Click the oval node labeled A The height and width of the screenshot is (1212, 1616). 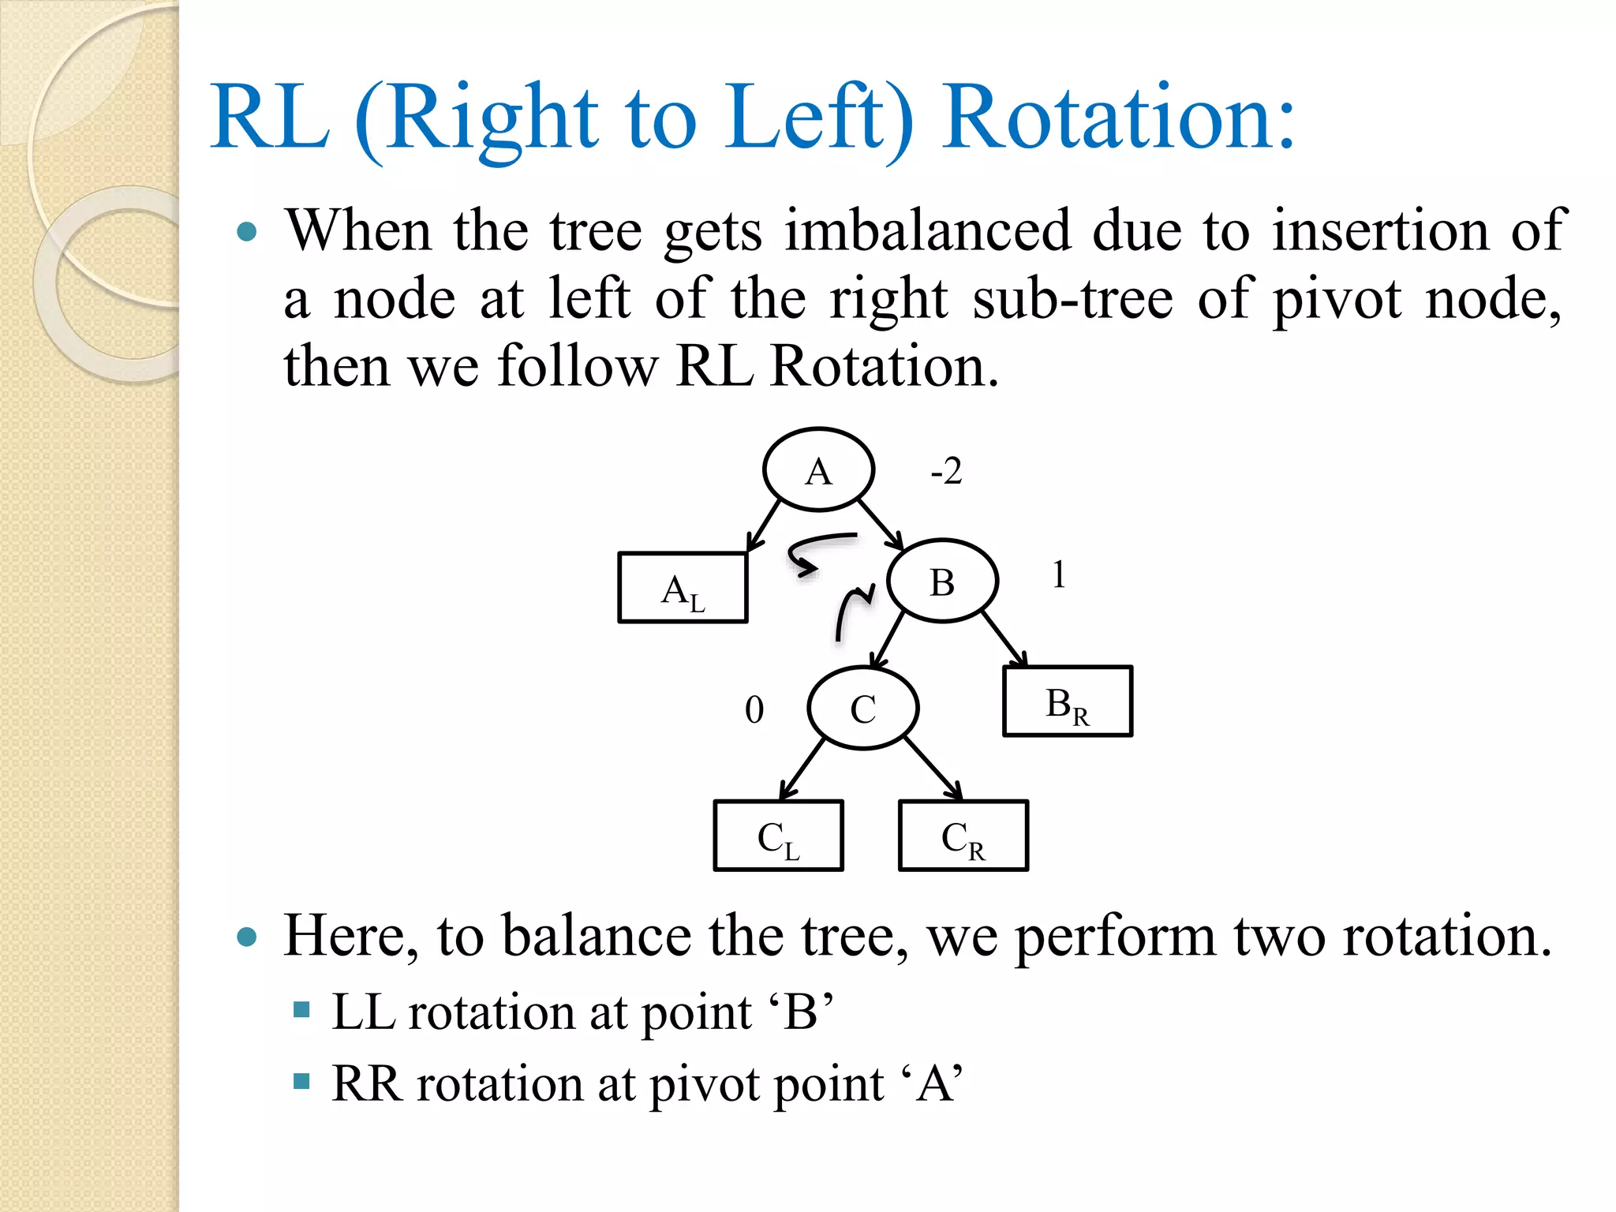click(x=818, y=469)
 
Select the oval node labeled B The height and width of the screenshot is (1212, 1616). click(x=942, y=581)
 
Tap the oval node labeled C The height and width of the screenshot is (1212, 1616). click(x=862, y=708)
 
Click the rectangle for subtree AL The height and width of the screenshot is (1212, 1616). click(x=683, y=588)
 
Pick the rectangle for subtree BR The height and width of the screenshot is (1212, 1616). click(x=1067, y=701)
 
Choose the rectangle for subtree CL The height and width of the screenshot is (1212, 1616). click(x=778, y=836)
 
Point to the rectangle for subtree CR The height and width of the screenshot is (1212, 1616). click(x=963, y=836)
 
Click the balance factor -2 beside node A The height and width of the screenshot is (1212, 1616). click(x=946, y=471)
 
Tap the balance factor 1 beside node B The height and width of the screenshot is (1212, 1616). click(x=1058, y=574)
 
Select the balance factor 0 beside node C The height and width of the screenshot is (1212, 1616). click(x=754, y=709)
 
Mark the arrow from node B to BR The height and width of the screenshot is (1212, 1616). click(x=1004, y=640)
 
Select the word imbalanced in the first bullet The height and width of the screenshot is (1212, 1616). click(x=928, y=230)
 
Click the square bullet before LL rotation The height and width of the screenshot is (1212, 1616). click(x=301, y=1009)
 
